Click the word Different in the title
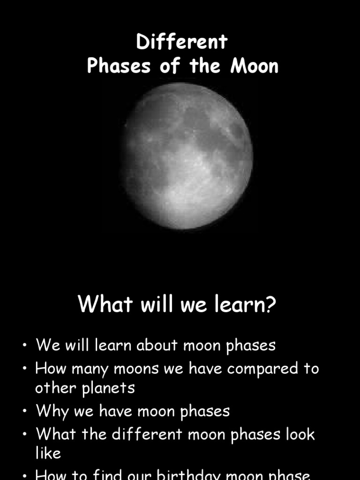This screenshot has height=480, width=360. [x=182, y=42]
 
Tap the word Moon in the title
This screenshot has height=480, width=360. [x=255, y=66]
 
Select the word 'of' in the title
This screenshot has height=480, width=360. [x=170, y=66]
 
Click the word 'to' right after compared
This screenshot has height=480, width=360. [x=311, y=368]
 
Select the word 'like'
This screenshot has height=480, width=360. [x=48, y=453]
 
